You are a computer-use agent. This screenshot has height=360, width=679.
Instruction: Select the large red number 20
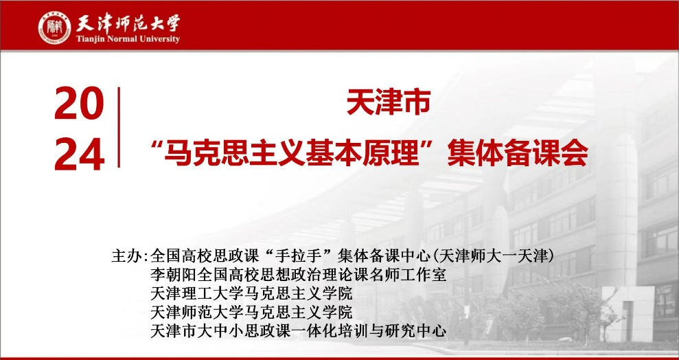tap(79, 103)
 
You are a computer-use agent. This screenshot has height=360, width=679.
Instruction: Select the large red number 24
tap(79, 154)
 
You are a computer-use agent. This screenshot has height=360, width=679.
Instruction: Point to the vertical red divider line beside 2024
tap(119, 127)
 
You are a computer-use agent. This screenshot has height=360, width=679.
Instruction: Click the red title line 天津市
tap(388, 103)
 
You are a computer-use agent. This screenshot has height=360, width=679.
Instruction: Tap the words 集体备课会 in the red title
tap(518, 153)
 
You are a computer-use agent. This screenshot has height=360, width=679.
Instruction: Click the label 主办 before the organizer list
tap(127, 256)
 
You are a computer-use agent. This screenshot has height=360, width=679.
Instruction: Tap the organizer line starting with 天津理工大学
tap(251, 294)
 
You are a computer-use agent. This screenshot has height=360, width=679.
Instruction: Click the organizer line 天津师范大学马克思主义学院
tap(251, 313)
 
